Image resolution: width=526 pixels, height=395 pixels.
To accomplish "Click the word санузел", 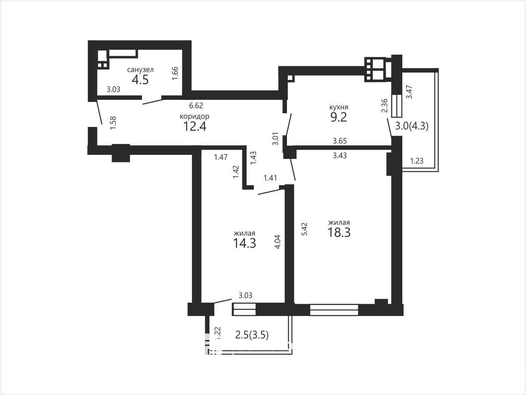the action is tap(140, 70).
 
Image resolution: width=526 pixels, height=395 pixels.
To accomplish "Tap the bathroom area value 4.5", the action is tap(140, 80).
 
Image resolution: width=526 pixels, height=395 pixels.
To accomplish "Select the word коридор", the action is tap(194, 117).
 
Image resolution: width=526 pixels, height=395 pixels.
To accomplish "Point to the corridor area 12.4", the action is tap(194, 126).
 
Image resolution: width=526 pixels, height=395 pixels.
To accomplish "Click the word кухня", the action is tap(339, 107).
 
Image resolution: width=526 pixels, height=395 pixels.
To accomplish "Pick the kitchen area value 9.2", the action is tap(339, 117).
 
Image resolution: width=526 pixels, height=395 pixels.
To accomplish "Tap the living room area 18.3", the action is tap(339, 232).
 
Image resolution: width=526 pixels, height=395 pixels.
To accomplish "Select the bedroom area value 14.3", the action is tap(244, 243).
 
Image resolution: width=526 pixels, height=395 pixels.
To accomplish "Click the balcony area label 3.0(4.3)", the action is tap(412, 126).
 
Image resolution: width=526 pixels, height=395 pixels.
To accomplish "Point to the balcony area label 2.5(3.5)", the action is tap(252, 335).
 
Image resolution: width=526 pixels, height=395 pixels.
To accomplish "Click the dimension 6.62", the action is tap(196, 105).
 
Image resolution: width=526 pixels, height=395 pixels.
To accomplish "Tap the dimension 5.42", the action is tap(304, 229).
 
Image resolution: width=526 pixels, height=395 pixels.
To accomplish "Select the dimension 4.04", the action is tap(277, 242).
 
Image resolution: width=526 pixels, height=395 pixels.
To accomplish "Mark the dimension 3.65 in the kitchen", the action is tap(340, 141).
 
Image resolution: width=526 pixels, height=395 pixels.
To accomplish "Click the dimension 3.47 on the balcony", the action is tap(409, 92).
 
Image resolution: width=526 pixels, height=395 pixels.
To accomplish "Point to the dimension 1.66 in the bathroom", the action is tap(175, 73).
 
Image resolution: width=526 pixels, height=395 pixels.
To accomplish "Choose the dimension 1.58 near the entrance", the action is tap(113, 123).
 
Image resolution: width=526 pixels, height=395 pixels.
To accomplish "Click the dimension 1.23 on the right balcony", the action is tap(417, 161).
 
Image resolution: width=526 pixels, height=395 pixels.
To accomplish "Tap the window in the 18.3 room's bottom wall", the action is tap(334, 310).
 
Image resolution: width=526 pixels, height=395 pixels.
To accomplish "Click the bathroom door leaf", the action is tap(153, 102).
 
